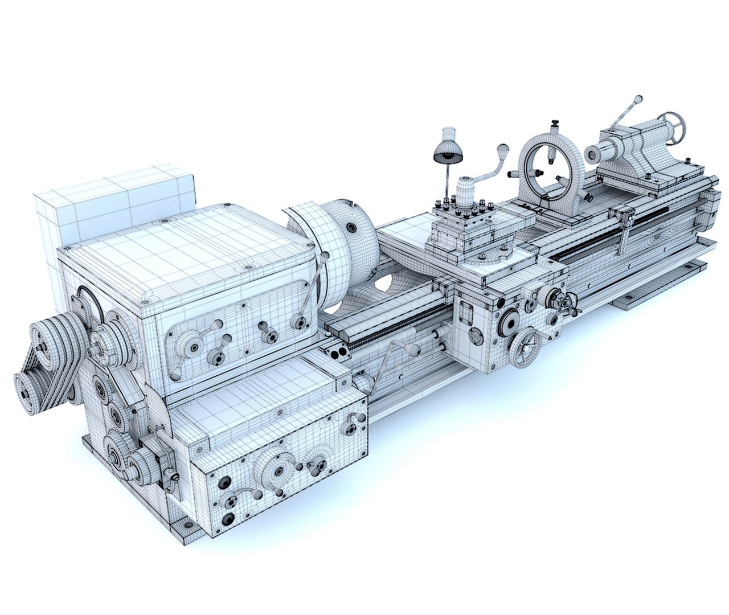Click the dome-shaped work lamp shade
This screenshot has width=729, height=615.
pyautogui.click(x=446, y=150)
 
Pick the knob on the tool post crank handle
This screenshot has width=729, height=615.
pyautogui.click(x=502, y=149)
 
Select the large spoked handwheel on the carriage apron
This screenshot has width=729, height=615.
pyautogui.click(x=526, y=348)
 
